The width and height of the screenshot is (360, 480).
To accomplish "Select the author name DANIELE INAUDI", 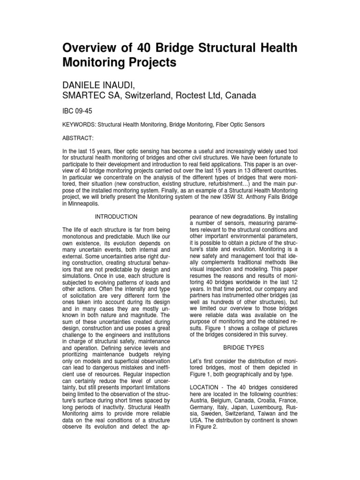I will point(101,84).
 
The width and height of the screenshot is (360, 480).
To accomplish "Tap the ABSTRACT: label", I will point(78,139).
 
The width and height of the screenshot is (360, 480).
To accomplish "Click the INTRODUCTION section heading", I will point(116,217).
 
